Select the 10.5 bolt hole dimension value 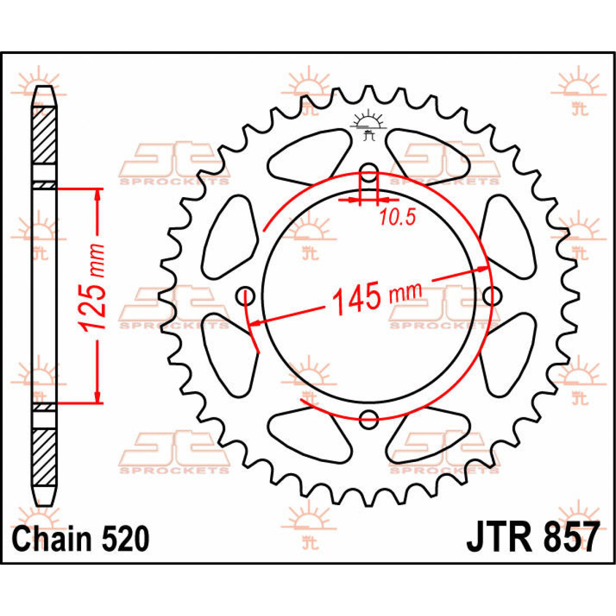[397, 218]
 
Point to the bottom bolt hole [368, 419]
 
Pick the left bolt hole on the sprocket [245, 296]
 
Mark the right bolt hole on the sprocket [492, 295]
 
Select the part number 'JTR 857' [532, 537]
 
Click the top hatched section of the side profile [44, 135]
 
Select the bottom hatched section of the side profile [44, 457]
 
